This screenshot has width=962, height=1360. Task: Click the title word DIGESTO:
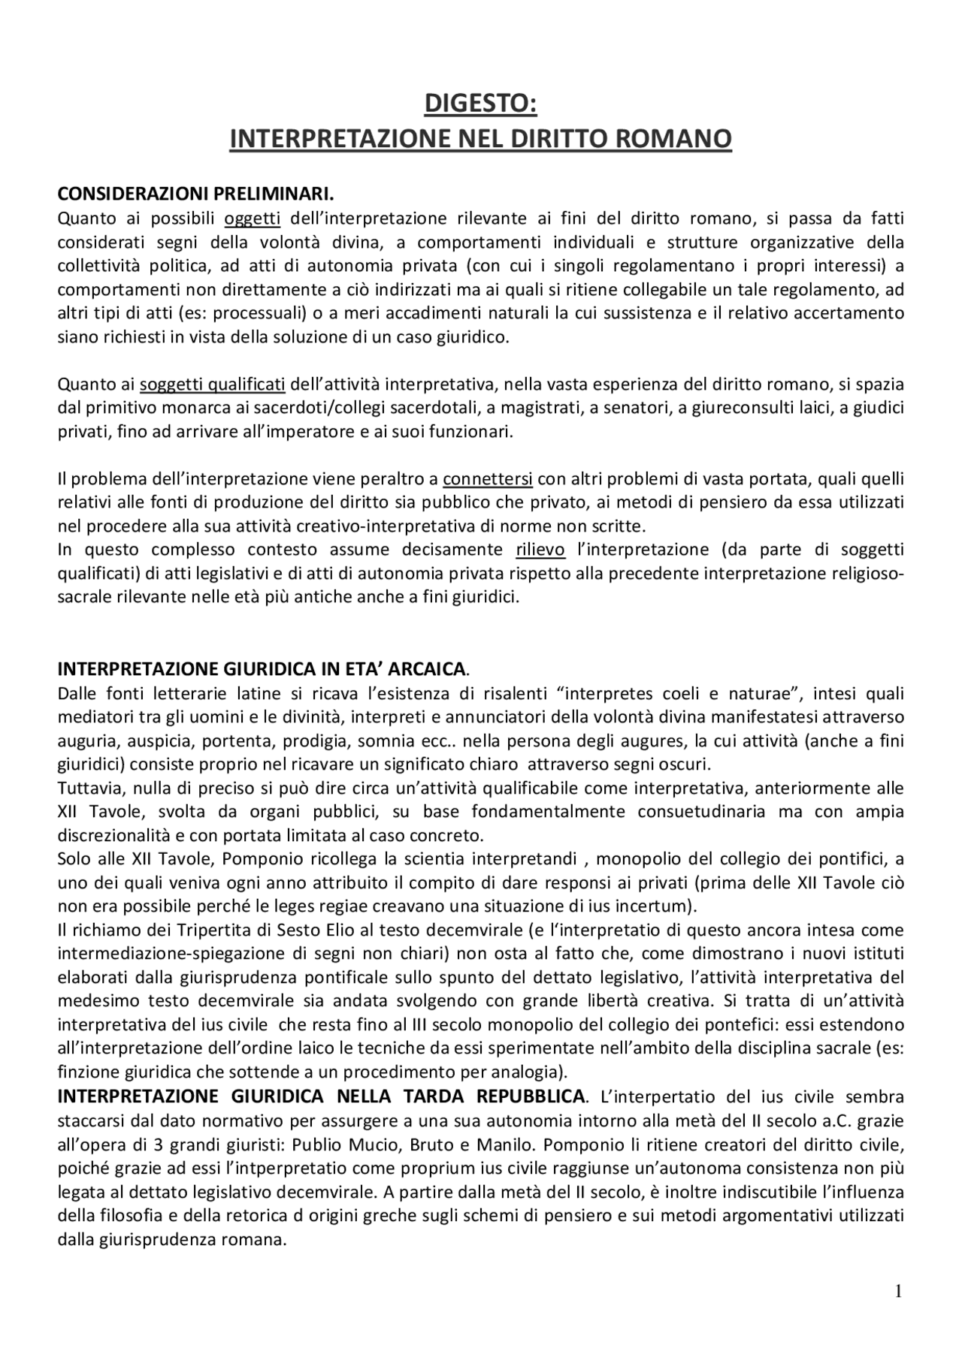(481, 104)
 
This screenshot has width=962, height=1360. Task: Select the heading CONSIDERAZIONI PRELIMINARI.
(195, 195)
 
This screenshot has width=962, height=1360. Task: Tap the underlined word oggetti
(253, 219)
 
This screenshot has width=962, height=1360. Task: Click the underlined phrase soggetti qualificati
(213, 385)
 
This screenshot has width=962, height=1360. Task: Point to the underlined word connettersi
(488, 479)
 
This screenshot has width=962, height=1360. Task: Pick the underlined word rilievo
(540, 550)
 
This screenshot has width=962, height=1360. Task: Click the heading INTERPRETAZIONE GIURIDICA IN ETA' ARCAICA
(263, 668)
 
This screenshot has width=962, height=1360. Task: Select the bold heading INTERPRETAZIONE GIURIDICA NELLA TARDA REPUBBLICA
(322, 1096)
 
